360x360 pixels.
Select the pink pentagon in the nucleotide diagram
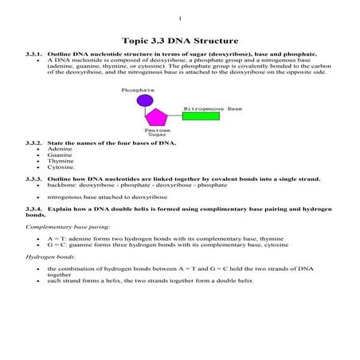(156, 116)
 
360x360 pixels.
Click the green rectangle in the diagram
(202, 116)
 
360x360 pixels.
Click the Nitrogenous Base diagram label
(213, 108)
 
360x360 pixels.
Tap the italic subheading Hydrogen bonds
(45, 257)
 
